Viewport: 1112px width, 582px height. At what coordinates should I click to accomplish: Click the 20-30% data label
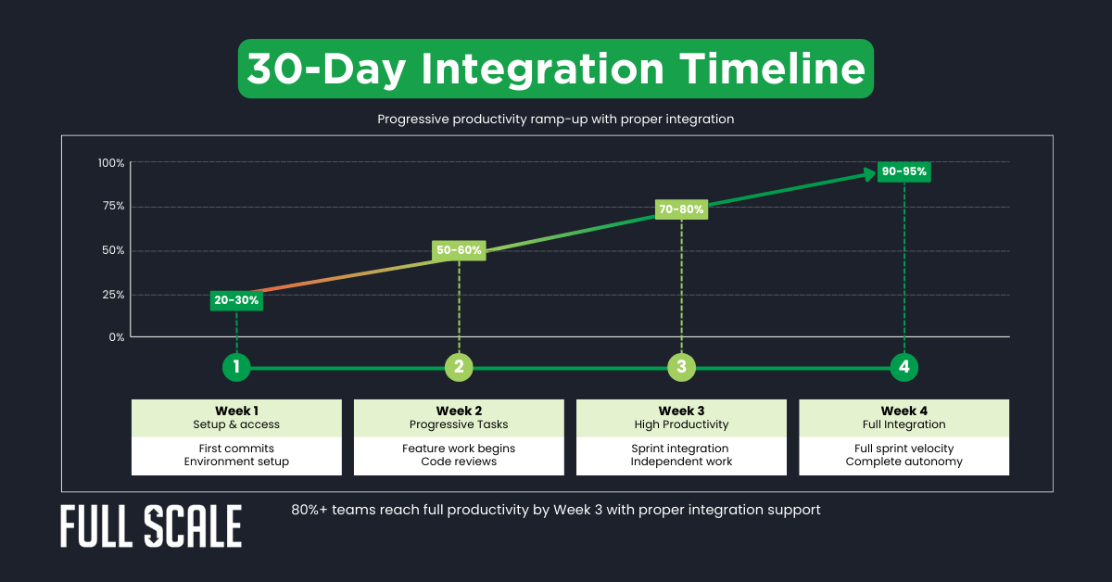click(236, 300)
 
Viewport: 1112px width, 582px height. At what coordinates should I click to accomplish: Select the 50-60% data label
click(459, 250)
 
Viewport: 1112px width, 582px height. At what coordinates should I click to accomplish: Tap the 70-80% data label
click(681, 209)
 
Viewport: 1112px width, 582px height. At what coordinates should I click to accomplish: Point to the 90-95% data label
click(903, 171)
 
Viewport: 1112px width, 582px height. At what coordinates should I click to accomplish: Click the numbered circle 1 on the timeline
click(236, 367)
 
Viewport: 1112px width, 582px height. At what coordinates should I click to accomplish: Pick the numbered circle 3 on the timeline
click(681, 367)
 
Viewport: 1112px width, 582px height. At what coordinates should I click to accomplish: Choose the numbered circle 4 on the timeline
click(904, 367)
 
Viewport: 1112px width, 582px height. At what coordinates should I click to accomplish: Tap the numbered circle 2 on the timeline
click(459, 367)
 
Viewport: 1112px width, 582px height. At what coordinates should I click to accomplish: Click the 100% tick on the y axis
click(111, 163)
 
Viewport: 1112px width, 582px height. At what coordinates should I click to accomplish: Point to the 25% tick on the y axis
click(113, 295)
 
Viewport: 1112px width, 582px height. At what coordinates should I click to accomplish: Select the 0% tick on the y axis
click(116, 337)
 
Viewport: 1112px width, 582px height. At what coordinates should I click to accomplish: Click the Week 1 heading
click(236, 411)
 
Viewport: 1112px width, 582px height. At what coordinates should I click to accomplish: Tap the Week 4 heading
click(903, 411)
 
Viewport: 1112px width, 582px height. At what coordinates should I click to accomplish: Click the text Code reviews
click(459, 462)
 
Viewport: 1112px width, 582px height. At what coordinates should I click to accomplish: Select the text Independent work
click(681, 462)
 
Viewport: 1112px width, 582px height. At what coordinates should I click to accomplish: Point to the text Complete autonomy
click(903, 462)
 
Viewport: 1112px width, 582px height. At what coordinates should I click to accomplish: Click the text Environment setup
click(236, 462)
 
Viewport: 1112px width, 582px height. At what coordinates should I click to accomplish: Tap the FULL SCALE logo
click(151, 527)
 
